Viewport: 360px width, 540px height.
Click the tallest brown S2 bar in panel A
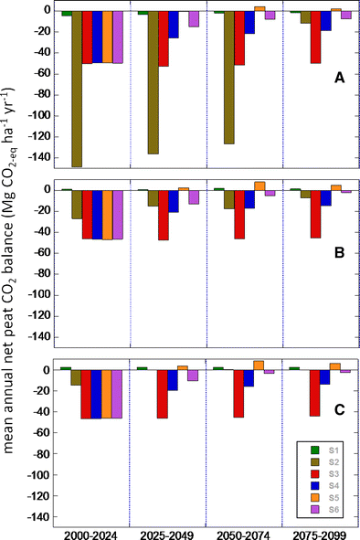[x=77, y=89]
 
